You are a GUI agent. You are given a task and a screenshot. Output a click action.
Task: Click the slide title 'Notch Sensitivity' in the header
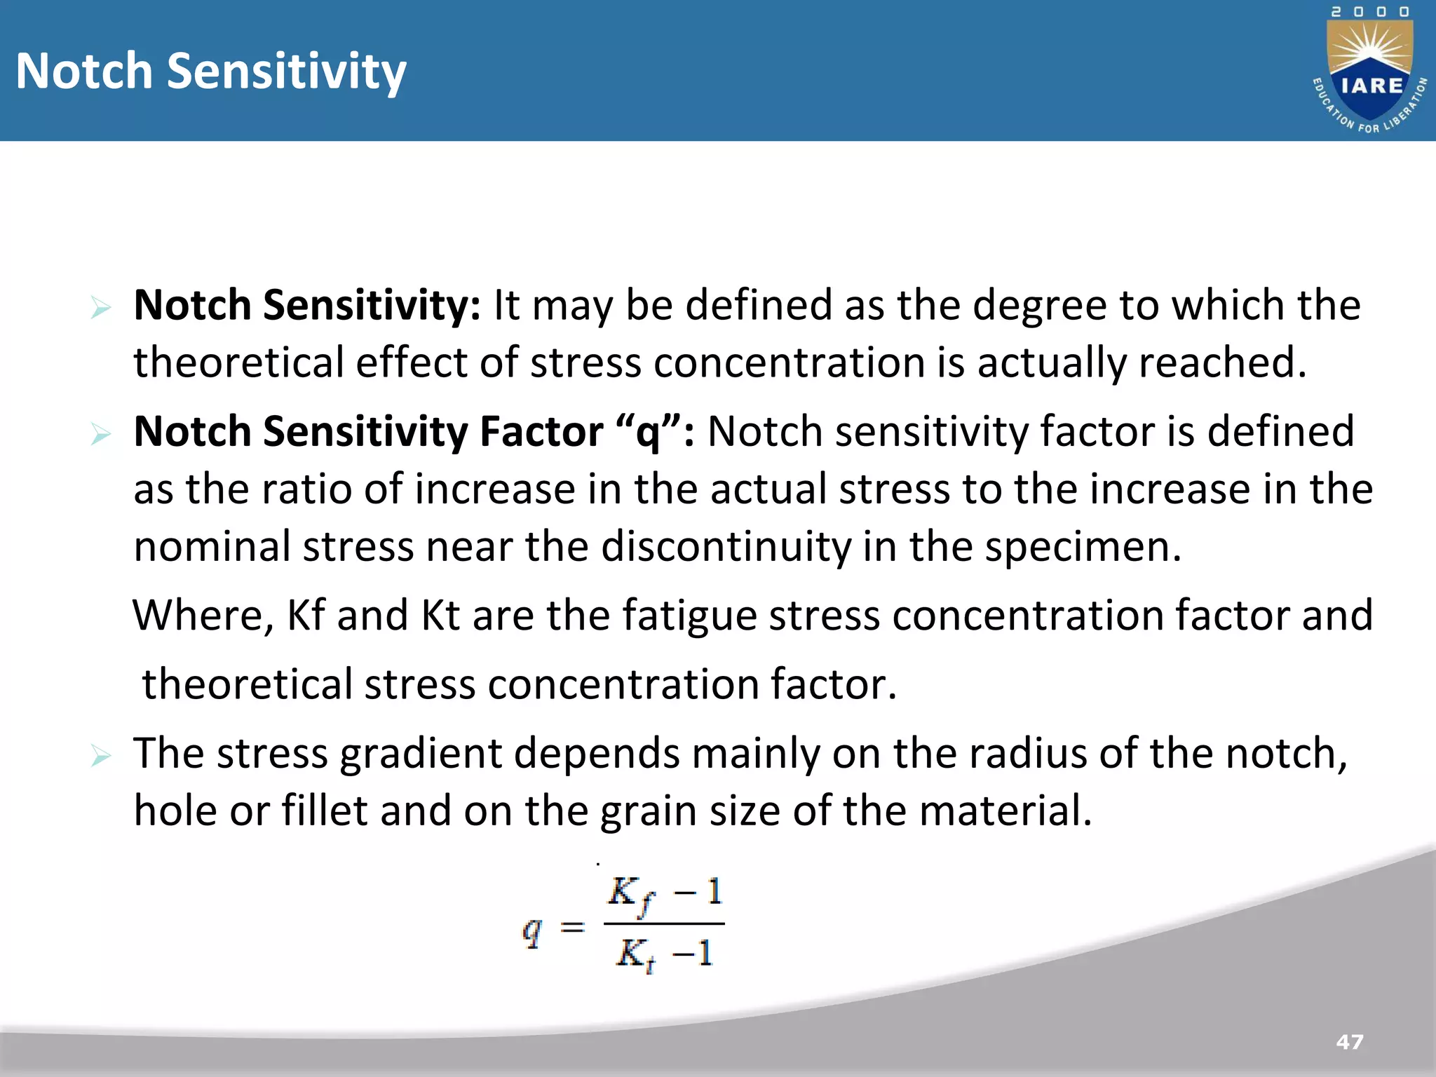pos(210,72)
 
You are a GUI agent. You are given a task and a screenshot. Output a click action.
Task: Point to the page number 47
pos(1350,1042)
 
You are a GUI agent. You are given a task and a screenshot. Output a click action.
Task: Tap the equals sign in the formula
pos(572,928)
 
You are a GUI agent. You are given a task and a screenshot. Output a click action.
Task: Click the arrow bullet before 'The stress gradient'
pos(101,756)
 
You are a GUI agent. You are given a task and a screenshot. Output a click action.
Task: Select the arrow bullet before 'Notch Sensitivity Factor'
pos(101,434)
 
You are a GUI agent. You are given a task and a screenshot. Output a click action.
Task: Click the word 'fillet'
pos(325,811)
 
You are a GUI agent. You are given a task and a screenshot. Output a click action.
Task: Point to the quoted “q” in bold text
pos(648,431)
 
